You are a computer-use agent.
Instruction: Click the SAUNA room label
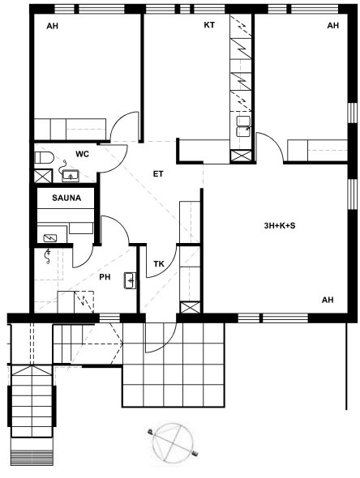point(66,198)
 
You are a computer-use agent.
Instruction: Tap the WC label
point(83,154)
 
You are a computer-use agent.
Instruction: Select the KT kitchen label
point(209,25)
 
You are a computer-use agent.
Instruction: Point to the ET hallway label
point(158,174)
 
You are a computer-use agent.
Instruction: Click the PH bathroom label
point(105,277)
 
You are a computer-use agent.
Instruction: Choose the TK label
point(159,264)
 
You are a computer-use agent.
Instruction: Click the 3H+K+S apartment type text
point(280,226)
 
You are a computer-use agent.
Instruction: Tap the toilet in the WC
point(44,158)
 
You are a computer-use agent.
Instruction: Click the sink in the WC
point(71,176)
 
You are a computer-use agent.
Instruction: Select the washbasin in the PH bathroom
point(130,280)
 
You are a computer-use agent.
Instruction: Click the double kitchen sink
point(243,126)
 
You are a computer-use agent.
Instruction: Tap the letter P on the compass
point(150,431)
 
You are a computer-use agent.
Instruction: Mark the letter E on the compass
point(195,454)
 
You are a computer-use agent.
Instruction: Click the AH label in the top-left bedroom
point(52,26)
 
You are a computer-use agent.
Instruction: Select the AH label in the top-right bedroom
point(333,25)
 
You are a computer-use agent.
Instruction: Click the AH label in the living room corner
point(328,300)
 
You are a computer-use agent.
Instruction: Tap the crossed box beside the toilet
point(43,176)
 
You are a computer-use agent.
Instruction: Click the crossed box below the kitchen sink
point(241,156)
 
